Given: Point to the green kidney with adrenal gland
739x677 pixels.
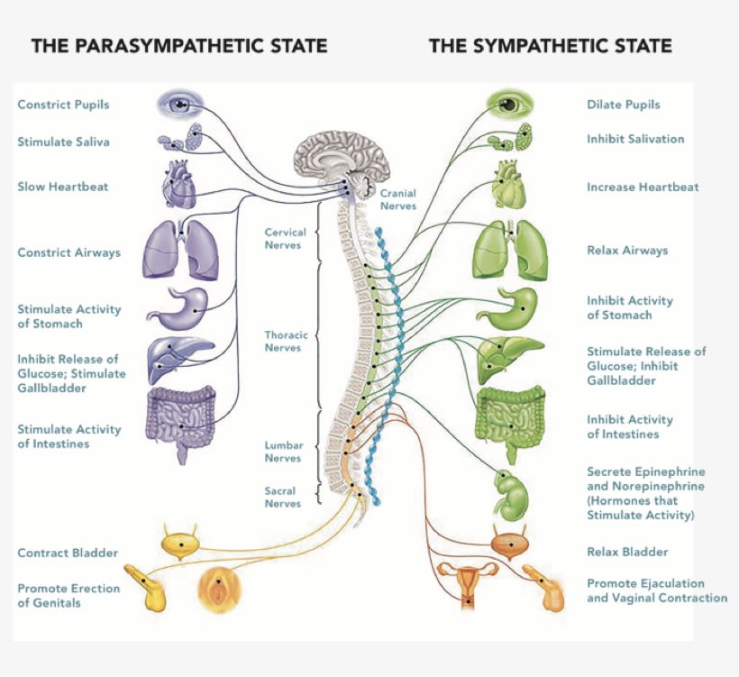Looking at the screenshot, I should click(x=509, y=495).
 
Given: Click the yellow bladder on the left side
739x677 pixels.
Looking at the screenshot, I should click(x=183, y=544).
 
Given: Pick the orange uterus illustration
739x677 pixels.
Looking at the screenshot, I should click(x=470, y=581).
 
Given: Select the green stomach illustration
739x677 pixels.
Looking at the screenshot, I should click(x=508, y=306).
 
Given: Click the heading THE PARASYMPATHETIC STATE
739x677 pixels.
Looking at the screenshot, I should click(x=179, y=45).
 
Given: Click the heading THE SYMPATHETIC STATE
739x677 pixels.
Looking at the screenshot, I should click(x=550, y=45).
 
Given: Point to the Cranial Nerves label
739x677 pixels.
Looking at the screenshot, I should click(x=397, y=199).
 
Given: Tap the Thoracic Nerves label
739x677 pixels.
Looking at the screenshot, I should click(x=286, y=342).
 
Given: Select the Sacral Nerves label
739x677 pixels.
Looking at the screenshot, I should click(x=282, y=497).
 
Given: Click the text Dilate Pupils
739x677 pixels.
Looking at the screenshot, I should click(x=623, y=105).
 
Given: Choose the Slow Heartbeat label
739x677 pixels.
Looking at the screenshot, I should click(x=63, y=187).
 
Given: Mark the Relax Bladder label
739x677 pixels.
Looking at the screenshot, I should click(x=627, y=552).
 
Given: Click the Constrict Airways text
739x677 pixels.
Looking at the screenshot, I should click(x=68, y=252).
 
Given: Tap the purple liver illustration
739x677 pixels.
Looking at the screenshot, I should click(x=180, y=358).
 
